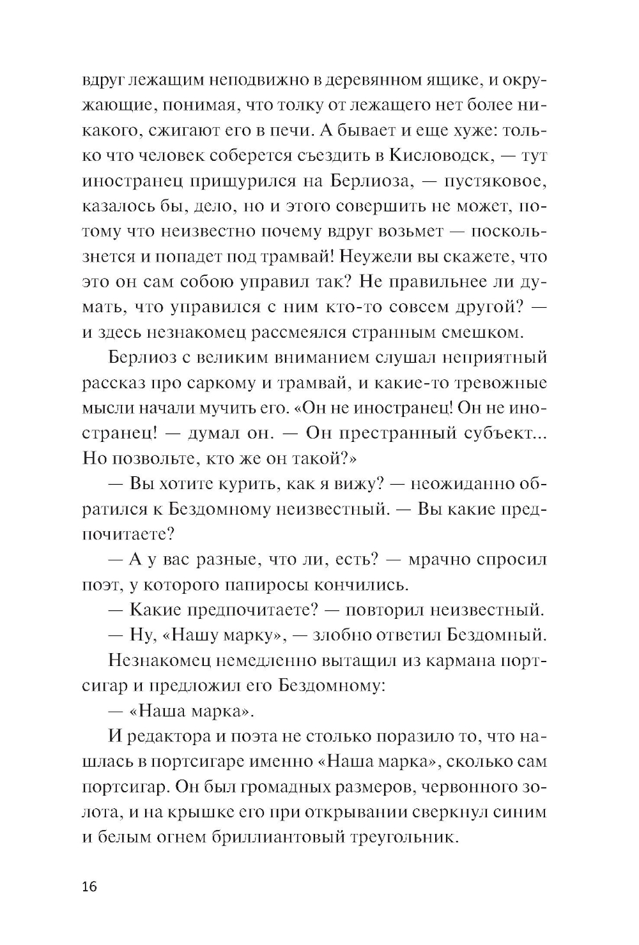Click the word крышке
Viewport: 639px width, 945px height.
point(192,812)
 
